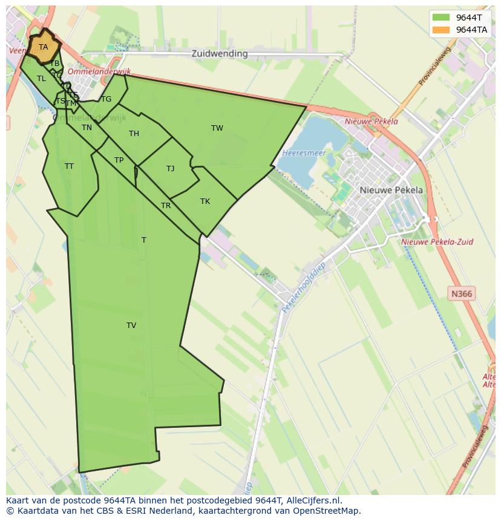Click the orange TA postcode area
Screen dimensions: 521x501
point(44,47)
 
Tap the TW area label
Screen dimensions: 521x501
point(217,128)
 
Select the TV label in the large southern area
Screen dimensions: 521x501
point(131,326)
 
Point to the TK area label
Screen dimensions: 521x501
point(205,202)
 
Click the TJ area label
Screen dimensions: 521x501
point(171,169)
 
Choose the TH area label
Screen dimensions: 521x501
point(134,134)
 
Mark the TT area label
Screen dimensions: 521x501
point(69,166)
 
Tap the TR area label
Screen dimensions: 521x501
point(166,206)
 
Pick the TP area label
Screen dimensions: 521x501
point(119,160)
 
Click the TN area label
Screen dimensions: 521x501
point(87,128)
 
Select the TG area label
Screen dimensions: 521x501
point(106,99)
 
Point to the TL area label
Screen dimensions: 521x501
point(41,79)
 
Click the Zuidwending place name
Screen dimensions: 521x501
point(220,53)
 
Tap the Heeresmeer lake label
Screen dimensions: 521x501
point(304,153)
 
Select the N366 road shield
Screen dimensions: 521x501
point(462,294)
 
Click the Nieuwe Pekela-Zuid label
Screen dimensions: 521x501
point(437,242)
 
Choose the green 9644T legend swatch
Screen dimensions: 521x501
point(440,18)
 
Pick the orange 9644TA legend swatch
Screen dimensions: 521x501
point(440,30)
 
